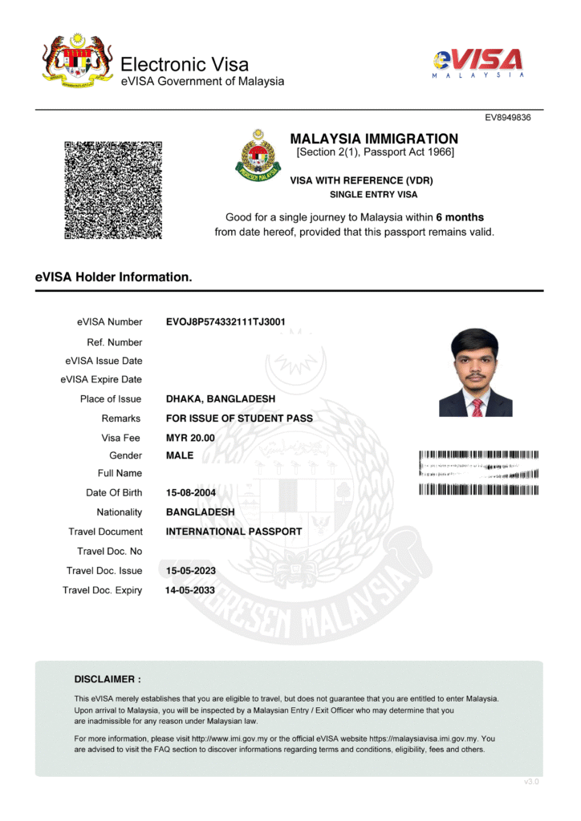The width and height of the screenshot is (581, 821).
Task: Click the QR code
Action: click(x=113, y=190)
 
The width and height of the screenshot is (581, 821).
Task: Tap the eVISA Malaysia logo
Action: click(x=478, y=62)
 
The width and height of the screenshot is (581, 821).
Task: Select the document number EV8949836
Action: click(x=508, y=118)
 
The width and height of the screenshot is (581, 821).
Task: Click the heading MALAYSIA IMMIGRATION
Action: click(x=374, y=139)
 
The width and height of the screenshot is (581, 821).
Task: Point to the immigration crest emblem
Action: click(x=258, y=155)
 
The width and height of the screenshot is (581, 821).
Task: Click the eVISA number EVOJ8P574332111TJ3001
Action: click(x=225, y=322)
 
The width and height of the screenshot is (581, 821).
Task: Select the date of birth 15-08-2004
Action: click(x=191, y=492)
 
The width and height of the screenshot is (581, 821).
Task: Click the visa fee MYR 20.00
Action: click(x=190, y=438)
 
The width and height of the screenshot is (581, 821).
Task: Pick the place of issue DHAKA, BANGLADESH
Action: click(x=221, y=398)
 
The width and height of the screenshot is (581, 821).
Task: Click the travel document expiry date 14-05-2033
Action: click(x=190, y=590)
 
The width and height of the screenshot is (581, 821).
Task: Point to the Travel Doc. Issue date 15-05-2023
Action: click(x=190, y=571)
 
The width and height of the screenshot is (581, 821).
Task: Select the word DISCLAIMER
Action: click(x=108, y=679)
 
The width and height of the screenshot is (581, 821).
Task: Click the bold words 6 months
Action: click(x=460, y=217)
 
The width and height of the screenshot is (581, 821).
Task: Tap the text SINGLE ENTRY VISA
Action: click(x=373, y=195)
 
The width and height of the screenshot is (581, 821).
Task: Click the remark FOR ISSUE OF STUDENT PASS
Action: click(x=239, y=419)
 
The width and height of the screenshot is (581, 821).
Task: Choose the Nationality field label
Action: click(x=119, y=512)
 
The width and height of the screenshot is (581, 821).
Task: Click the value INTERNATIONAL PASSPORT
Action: click(x=234, y=532)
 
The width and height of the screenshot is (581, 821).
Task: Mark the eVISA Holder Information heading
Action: click(x=113, y=277)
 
